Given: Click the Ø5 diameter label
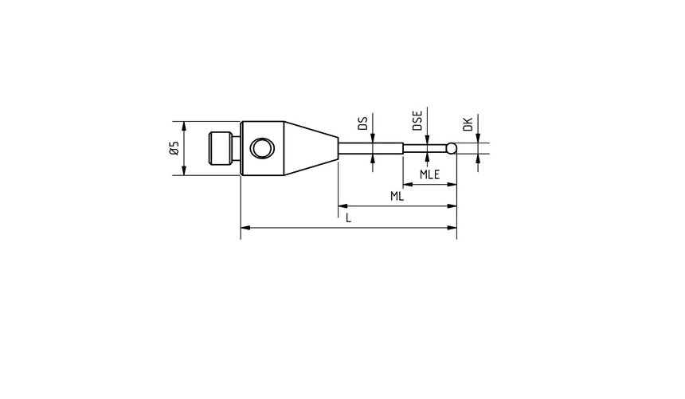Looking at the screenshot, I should [174, 148].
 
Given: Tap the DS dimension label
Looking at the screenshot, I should [362, 123].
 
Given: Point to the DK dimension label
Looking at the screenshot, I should [468, 123].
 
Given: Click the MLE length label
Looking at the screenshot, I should [431, 174].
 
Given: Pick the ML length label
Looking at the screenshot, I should [397, 196].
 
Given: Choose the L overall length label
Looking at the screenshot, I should [348, 217].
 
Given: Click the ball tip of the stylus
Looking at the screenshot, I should [452, 147].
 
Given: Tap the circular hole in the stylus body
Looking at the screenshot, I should [260, 148].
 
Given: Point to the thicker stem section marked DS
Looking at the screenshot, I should [371, 147].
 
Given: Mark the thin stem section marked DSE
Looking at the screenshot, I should [425, 147].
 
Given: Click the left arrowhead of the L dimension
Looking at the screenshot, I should [244, 228].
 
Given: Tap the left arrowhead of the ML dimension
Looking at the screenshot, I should [342, 206].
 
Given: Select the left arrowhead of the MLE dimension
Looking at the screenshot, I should [406, 185].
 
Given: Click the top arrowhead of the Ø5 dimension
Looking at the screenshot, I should [185, 125].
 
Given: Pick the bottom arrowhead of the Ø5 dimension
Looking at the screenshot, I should [185, 171].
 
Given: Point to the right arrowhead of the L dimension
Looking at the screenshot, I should [453, 228].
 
